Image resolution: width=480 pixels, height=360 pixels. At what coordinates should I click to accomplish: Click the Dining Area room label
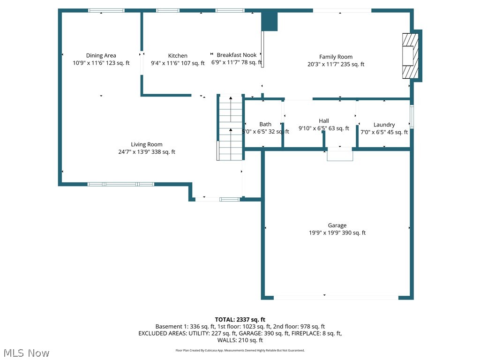pos(101,55)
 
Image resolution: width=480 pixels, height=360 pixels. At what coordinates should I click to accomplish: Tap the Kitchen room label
pos(178,56)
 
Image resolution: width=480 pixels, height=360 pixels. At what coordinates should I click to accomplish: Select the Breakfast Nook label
pos(236,55)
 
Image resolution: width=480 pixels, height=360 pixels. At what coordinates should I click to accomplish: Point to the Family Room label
pos(336,57)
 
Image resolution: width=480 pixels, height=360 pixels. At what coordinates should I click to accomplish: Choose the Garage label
pos(337,225)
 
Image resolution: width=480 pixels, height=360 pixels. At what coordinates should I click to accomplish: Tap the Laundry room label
pos(384,125)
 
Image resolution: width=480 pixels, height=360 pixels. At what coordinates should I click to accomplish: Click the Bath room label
pos(265,124)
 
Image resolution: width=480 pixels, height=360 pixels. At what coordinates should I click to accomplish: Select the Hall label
pos(323,121)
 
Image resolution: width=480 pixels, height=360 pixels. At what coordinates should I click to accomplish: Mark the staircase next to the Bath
pos(230,127)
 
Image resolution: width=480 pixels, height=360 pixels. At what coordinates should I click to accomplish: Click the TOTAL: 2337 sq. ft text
pos(240,320)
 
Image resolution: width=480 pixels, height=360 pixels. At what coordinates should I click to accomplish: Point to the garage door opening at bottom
pos(336,297)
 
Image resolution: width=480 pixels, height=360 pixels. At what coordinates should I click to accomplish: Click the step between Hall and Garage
pos(340,155)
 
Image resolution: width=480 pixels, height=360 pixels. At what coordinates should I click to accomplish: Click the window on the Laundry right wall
pos(412,117)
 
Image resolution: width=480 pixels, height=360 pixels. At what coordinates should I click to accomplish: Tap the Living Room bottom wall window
pos(121,184)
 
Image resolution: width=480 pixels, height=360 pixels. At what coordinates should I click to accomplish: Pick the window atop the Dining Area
pos(106,10)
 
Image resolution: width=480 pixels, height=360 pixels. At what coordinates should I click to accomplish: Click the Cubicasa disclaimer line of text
pos(240,350)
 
